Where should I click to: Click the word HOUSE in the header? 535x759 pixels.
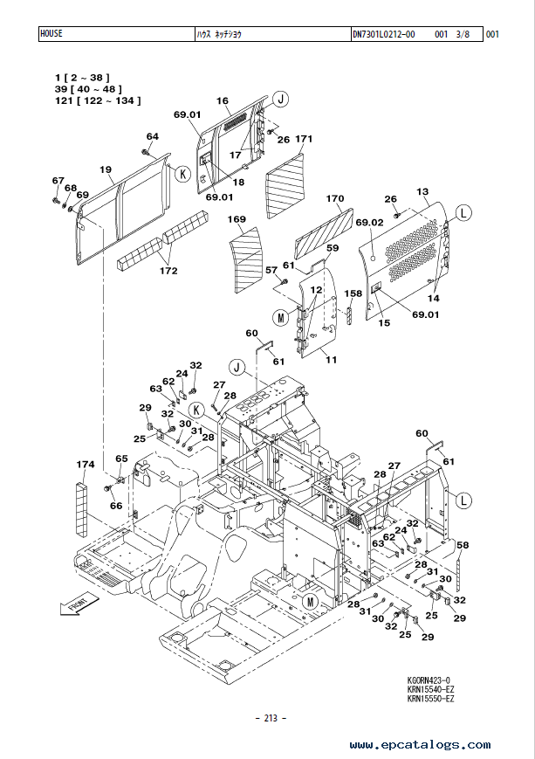pos(51,33)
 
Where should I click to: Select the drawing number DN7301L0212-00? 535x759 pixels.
pos(384,34)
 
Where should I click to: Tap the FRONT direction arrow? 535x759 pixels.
pos(79,604)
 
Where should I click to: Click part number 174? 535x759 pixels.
pos(86,465)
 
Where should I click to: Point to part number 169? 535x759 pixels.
pos(237,219)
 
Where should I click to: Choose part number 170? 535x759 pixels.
pos(335,198)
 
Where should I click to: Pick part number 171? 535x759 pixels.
pos(304,139)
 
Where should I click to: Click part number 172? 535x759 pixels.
pos(168,271)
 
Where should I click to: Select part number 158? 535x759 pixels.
pos(353,293)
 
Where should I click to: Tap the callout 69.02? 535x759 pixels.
pos(369,223)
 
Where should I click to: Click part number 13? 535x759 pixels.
pos(422,191)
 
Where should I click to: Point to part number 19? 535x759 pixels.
pos(106,169)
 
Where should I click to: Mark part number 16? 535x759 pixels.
pos(222,100)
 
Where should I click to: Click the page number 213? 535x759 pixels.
pos(271,718)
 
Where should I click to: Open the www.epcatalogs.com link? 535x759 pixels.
pos(420,744)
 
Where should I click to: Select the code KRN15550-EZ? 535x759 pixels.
pos(430,699)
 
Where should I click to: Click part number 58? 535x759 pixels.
pos(463,545)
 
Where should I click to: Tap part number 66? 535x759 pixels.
pos(116,506)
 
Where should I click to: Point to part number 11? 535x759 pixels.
pos(332,360)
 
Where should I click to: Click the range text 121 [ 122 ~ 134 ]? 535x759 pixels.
pos(98,100)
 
